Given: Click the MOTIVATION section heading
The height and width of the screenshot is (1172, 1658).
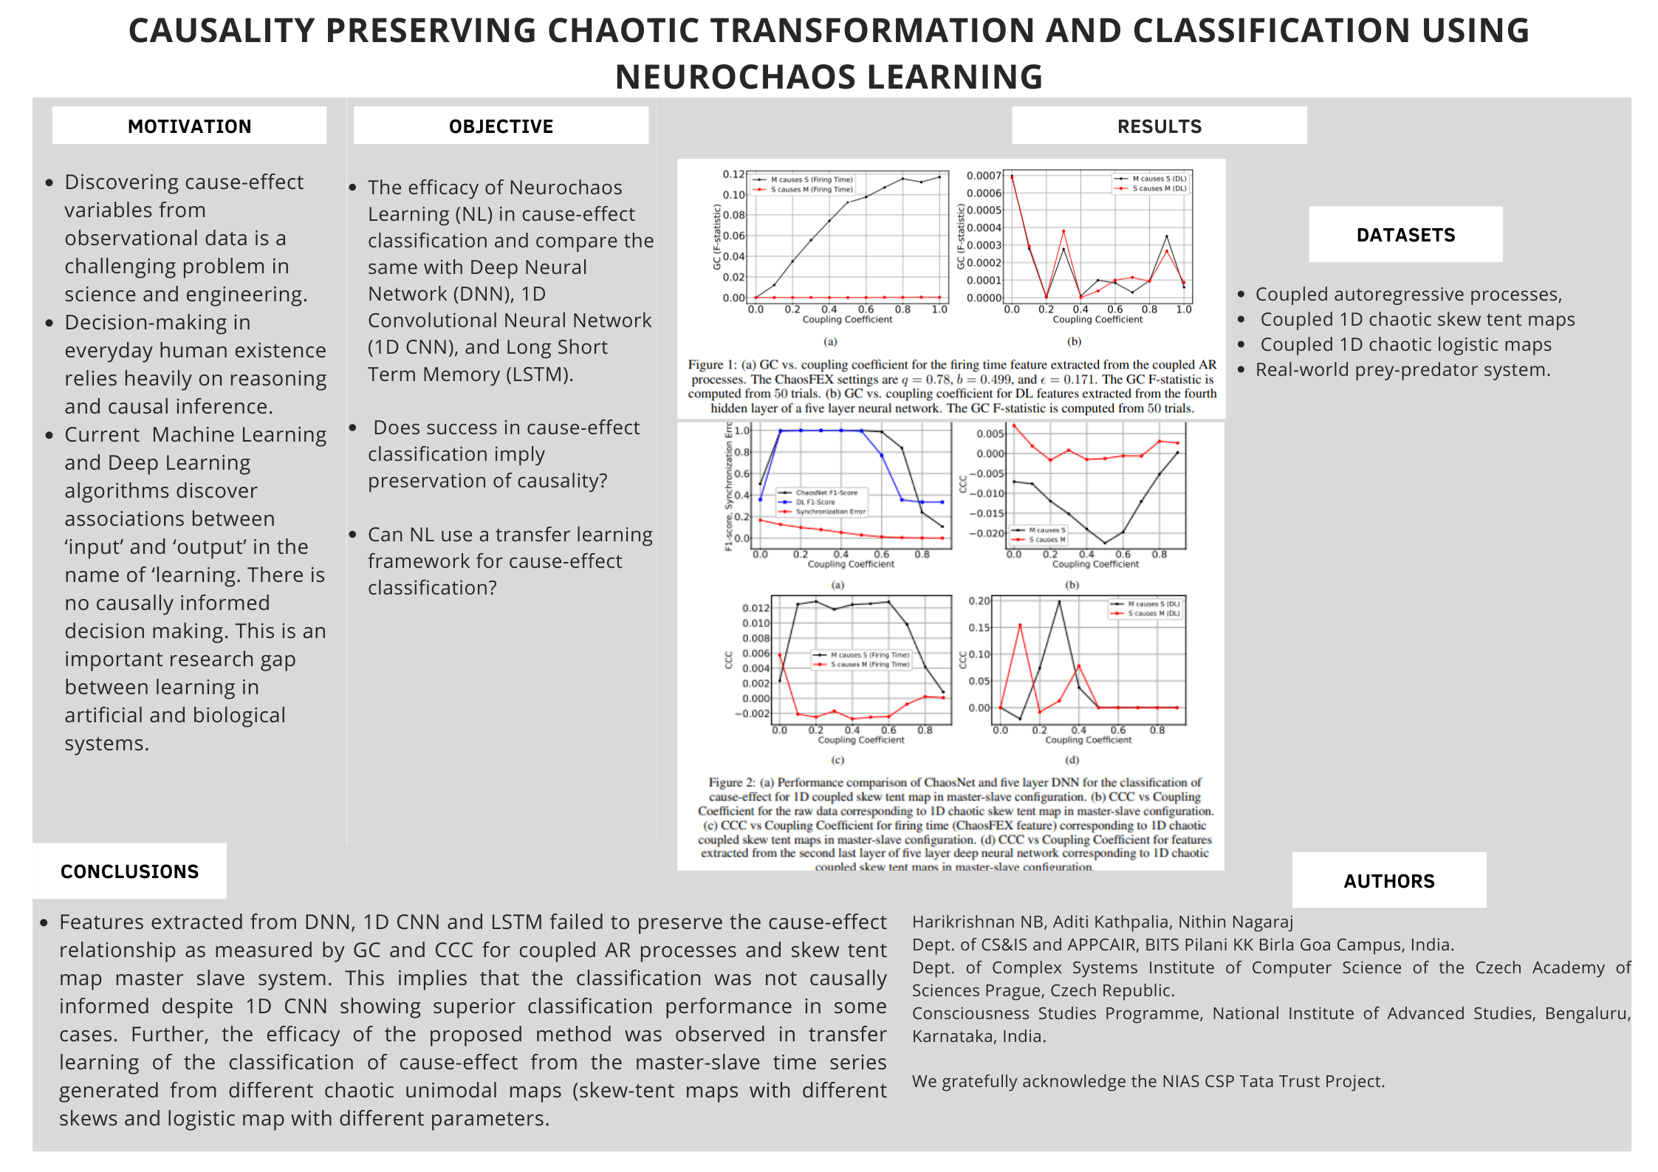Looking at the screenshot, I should (x=189, y=126).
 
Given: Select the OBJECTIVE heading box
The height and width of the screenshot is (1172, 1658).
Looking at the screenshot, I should (x=501, y=126).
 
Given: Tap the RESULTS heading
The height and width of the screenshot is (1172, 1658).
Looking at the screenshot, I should (x=1159, y=126).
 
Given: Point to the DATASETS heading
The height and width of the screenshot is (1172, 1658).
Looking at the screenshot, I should (x=1405, y=235).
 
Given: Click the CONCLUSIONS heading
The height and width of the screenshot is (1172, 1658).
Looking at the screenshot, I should (x=129, y=871).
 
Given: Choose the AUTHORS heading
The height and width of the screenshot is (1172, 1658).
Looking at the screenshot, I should (x=1388, y=881).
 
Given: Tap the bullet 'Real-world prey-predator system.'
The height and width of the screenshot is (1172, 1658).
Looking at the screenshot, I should (x=1402, y=369).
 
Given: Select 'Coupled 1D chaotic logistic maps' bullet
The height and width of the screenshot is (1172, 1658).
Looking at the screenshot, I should (x=1405, y=344).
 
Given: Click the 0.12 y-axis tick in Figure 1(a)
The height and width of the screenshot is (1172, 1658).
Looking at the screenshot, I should (x=733, y=174).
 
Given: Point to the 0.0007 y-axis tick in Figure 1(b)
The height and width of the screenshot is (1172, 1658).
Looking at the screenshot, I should (x=984, y=176).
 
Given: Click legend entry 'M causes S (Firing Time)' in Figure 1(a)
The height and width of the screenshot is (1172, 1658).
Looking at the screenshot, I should (x=812, y=179).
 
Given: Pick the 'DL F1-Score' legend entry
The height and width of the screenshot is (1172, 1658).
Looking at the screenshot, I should (x=815, y=502).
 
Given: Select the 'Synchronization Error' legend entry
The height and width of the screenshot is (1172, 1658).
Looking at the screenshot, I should (x=830, y=511).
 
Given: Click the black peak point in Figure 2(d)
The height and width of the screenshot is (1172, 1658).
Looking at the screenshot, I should (x=1059, y=602).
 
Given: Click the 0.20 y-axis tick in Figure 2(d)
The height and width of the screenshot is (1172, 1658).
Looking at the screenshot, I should (x=979, y=601).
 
